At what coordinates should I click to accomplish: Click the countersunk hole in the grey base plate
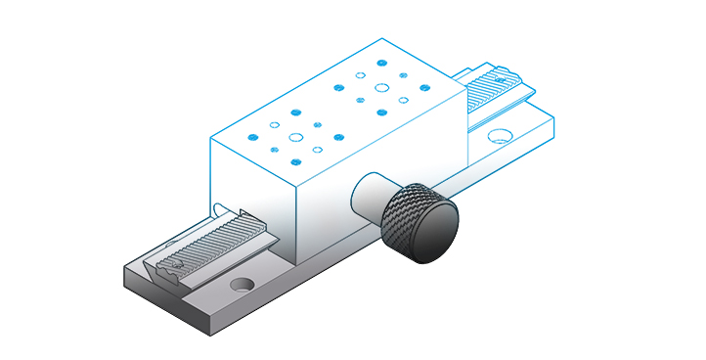[240, 287]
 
